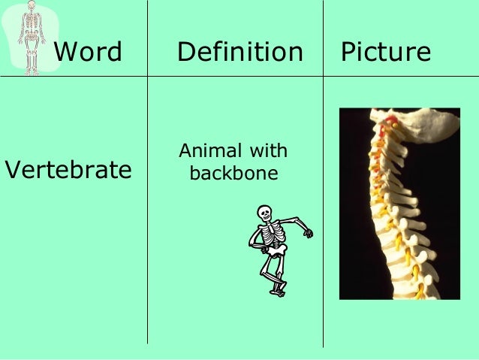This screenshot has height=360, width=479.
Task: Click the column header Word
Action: [89, 53]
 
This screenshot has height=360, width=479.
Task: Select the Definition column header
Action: [239, 53]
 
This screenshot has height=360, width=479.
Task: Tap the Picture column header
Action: [386, 53]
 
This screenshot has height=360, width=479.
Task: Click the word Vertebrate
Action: [68, 170]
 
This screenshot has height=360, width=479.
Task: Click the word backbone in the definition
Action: [233, 174]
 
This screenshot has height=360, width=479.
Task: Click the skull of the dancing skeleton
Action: [264, 213]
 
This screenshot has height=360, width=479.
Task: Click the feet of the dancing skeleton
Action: [278, 289]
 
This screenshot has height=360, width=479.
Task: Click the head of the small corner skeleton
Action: [31, 7]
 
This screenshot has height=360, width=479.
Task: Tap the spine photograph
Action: [399, 204]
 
